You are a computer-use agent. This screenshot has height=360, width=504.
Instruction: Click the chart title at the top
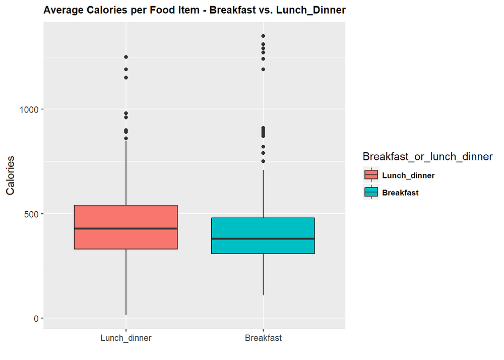(195, 10)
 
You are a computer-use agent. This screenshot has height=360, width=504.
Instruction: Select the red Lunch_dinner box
(125, 227)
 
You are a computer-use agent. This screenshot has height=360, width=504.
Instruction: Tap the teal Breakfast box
(263, 235)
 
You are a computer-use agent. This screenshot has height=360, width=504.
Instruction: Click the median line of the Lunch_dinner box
(125, 228)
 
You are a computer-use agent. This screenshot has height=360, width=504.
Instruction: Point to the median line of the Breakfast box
(263, 239)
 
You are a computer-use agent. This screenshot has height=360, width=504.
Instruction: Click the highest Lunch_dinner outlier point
(126, 57)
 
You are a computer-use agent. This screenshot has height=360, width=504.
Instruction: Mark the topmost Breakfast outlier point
(263, 36)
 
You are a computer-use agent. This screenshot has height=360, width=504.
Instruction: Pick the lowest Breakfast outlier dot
(263, 161)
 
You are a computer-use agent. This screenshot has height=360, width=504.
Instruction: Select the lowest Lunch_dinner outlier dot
(126, 139)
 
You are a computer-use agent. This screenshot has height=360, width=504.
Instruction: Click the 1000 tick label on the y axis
(29, 109)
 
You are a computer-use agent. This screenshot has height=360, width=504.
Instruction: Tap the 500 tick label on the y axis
(31, 214)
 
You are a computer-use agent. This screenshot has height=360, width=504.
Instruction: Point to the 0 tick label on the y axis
(36, 319)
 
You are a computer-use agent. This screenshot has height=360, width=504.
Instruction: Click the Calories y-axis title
(10, 175)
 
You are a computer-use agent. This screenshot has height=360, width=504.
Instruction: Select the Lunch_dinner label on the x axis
(126, 338)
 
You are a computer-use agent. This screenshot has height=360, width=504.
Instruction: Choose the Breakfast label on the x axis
(263, 338)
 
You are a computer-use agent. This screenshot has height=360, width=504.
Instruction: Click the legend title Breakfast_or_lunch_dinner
(427, 156)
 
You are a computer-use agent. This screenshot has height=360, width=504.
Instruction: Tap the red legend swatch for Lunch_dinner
(371, 175)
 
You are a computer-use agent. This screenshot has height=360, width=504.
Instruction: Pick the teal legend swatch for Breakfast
(371, 192)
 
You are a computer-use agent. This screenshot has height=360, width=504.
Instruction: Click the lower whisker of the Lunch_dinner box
(125, 282)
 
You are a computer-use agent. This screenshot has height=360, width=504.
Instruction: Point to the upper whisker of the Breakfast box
(263, 194)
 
